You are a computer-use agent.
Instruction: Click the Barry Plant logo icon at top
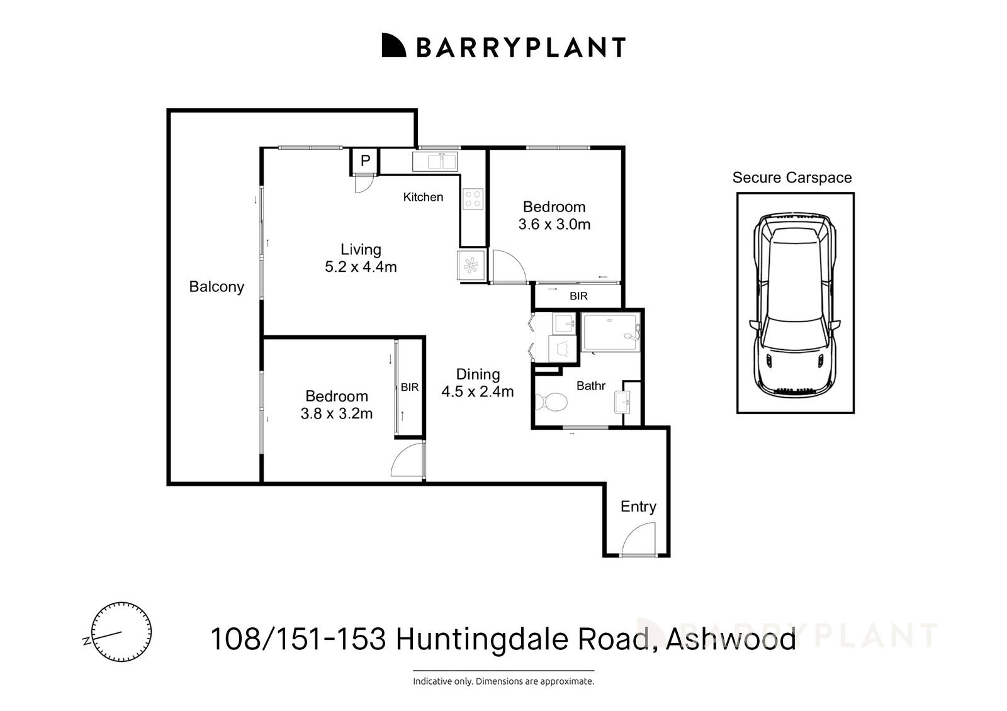click(394, 45)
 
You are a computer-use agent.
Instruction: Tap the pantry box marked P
click(365, 161)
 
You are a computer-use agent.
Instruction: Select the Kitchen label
click(423, 197)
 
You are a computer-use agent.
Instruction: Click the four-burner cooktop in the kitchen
click(473, 199)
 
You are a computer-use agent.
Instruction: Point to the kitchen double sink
click(435, 161)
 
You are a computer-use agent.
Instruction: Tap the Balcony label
click(217, 287)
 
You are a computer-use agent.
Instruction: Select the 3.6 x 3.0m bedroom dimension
click(554, 225)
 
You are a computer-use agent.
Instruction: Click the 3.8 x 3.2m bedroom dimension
click(337, 414)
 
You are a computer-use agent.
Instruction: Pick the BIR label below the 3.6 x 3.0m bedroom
click(578, 296)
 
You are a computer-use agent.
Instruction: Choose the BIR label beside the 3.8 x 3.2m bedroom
click(410, 388)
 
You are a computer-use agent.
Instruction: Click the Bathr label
click(591, 386)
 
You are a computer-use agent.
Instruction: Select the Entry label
click(638, 507)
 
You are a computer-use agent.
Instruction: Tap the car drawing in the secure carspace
click(795, 304)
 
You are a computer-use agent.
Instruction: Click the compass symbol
click(121, 632)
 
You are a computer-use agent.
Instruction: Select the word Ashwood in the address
click(731, 639)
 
